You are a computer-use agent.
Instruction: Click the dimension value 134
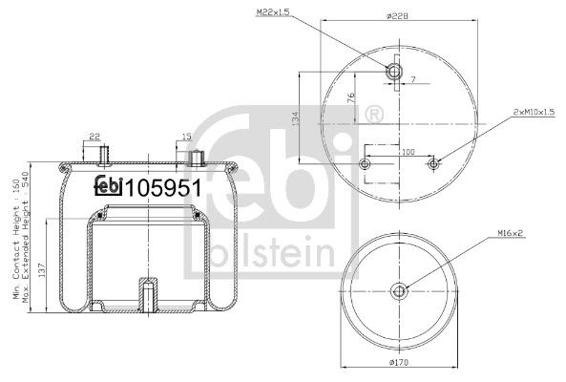click(295, 118)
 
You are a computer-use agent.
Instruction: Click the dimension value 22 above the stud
click(94, 138)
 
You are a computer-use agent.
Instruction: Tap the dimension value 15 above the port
click(185, 138)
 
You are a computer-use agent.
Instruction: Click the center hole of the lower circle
click(400, 290)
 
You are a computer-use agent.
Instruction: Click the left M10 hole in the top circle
click(364, 165)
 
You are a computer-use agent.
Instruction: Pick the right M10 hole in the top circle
click(434, 165)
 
